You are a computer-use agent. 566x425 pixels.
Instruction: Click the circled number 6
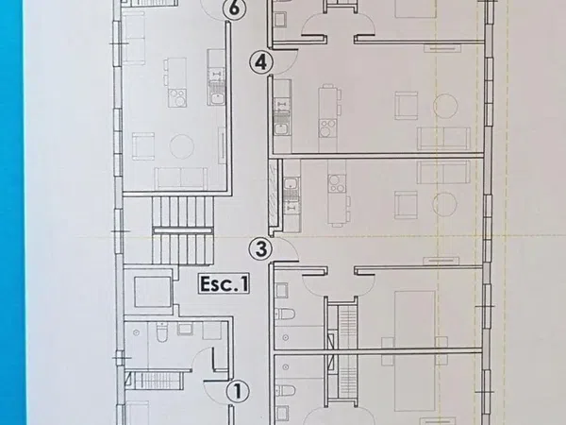tap(234, 8)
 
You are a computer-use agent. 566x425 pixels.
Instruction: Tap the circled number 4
tap(261, 62)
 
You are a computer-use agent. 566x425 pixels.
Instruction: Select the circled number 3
tap(261, 249)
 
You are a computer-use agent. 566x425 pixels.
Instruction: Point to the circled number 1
tap(238, 391)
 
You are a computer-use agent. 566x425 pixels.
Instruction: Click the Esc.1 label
tap(224, 283)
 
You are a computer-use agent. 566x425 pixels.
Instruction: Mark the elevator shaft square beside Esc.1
tap(152, 292)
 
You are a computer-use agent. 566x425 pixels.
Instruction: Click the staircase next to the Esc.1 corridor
tap(182, 230)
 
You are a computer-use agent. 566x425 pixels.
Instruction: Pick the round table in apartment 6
tap(181, 146)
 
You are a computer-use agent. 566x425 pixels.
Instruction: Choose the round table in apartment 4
tap(445, 106)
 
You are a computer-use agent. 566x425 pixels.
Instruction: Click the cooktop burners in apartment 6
tap(177, 97)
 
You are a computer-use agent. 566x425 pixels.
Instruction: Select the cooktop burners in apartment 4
tap(327, 128)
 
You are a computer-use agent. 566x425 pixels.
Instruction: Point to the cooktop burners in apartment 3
tap(337, 183)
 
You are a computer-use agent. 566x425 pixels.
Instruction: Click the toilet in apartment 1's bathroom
tap(161, 332)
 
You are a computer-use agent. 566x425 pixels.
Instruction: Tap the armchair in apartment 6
tap(143, 146)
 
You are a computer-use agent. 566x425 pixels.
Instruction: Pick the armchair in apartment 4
tap(407, 106)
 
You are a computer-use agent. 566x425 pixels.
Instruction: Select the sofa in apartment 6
tap(181, 178)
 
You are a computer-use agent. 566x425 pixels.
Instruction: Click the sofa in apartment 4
tap(443, 138)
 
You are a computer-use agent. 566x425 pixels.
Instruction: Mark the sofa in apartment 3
tap(443, 173)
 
